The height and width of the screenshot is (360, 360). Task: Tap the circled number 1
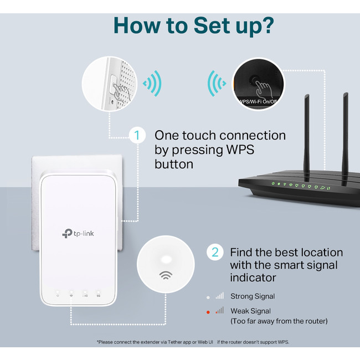pyautogui.click(x=137, y=136)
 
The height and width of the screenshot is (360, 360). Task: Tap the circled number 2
pyautogui.click(x=215, y=253)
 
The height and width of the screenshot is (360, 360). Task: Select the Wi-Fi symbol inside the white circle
pyautogui.click(x=165, y=274)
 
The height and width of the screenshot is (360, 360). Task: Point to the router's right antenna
pyautogui.click(x=346, y=133)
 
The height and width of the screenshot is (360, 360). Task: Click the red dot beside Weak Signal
pyautogui.click(x=208, y=312)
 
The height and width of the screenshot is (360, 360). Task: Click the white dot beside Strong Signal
pyautogui.click(x=208, y=296)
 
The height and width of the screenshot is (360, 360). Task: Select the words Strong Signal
pyautogui.click(x=253, y=296)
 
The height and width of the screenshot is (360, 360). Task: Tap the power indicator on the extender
pyautogui.click(x=58, y=293)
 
